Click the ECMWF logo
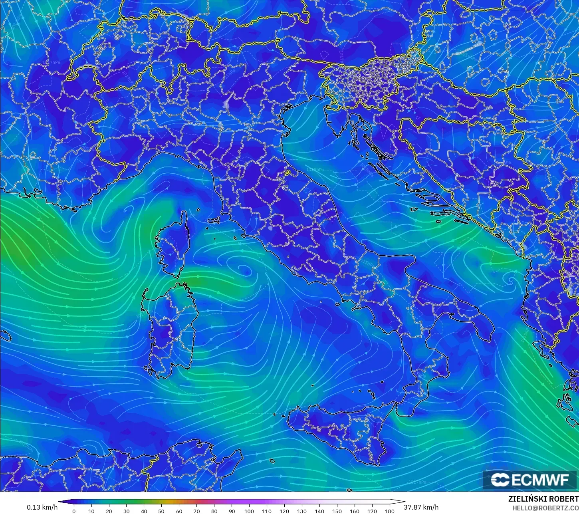[530, 480]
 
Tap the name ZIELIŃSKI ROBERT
[543, 499]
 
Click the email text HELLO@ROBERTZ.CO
[545, 508]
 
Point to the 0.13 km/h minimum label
[42, 507]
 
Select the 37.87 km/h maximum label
[421, 507]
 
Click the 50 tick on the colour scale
[161, 511]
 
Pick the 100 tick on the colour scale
[249, 511]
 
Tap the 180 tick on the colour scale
[389, 511]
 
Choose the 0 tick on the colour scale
[74, 511]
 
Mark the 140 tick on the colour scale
[319, 511]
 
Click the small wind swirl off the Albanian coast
[510, 279]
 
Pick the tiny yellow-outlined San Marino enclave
[287, 173]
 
